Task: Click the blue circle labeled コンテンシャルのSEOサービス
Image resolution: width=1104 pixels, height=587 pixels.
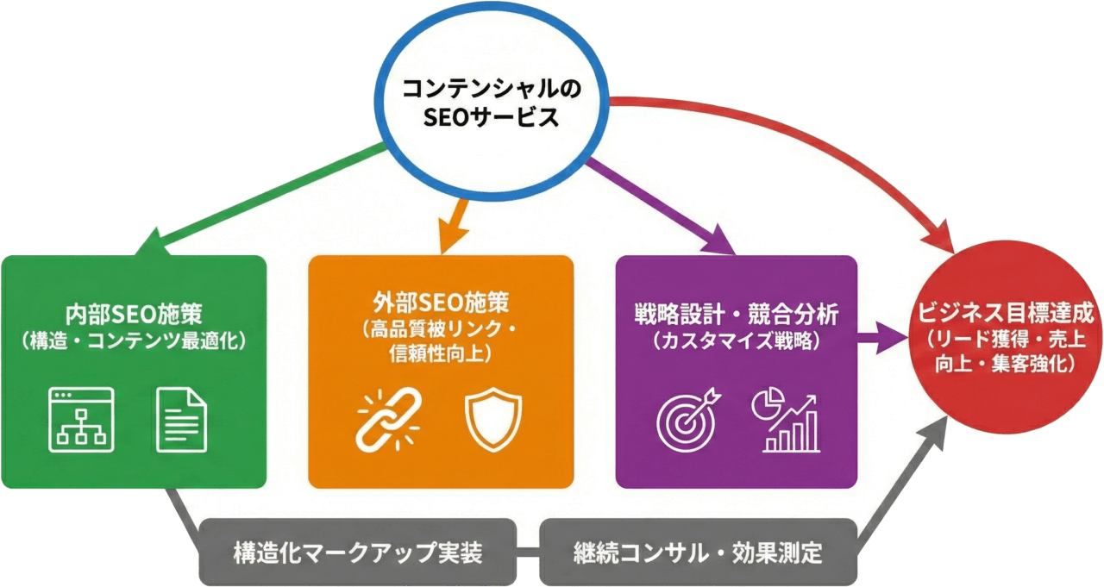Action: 493,103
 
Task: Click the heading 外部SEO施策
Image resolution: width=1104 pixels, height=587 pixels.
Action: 441,303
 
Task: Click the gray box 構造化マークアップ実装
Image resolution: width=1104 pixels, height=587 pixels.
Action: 357,553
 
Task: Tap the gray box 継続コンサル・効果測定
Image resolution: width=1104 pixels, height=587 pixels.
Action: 698,553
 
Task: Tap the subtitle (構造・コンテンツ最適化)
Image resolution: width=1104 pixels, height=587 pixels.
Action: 133,340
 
